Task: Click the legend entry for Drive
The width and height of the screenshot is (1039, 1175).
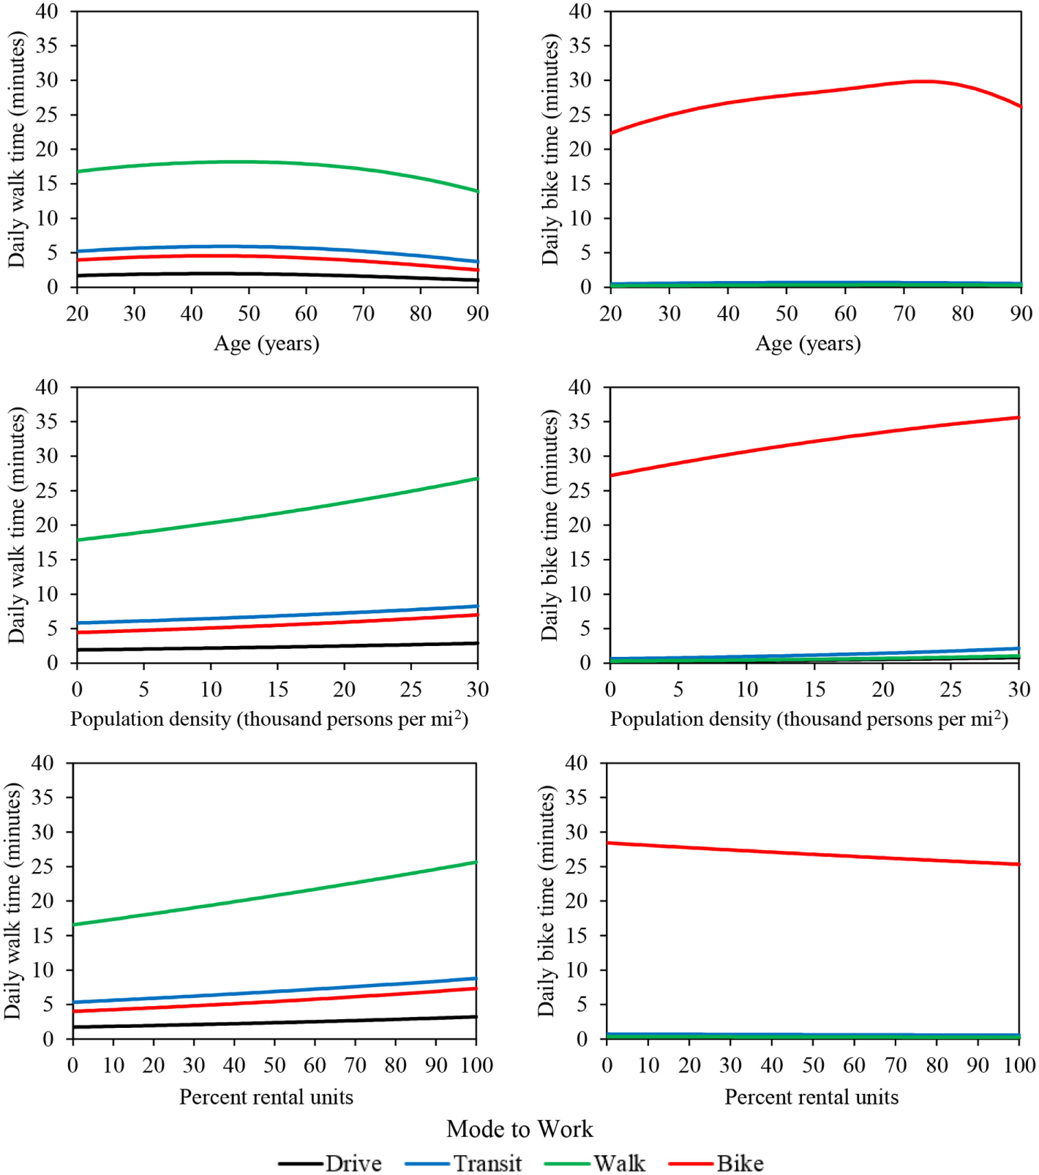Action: click(x=353, y=1163)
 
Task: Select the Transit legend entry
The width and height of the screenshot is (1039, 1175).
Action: click(x=487, y=1163)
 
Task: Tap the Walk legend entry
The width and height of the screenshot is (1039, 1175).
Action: click(x=619, y=1163)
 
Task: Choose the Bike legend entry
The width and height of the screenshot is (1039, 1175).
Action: click(x=740, y=1163)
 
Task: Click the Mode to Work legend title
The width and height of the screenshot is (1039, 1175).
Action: click(x=519, y=1129)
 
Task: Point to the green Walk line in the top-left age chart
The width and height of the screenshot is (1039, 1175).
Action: click(x=249, y=162)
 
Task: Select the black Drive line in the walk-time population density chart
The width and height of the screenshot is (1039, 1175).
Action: click(x=278, y=647)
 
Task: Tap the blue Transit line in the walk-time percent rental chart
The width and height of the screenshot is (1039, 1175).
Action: click(x=274, y=991)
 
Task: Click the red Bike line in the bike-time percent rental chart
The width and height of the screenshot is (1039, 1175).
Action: click(x=812, y=854)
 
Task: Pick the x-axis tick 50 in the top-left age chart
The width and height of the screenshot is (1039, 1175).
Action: click(x=249, y=314)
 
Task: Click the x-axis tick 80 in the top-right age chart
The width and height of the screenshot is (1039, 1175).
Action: click(x=962, y=314)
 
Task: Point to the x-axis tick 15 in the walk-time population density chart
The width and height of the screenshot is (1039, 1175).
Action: click(x=278, y=689)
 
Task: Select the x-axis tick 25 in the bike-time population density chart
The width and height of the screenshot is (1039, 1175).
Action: click(x=950, y=689)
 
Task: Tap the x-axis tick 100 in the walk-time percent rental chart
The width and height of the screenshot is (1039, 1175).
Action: click(x=476, y=1065)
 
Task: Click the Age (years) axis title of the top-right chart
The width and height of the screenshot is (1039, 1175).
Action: click(x=808, y=343)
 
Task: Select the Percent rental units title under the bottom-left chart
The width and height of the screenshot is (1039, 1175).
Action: click(x=266, y=1097)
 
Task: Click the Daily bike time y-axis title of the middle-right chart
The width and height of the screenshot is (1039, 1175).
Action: click(x=550, y=525)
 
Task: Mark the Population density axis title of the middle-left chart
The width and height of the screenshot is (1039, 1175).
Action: click(x=269, y=719)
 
